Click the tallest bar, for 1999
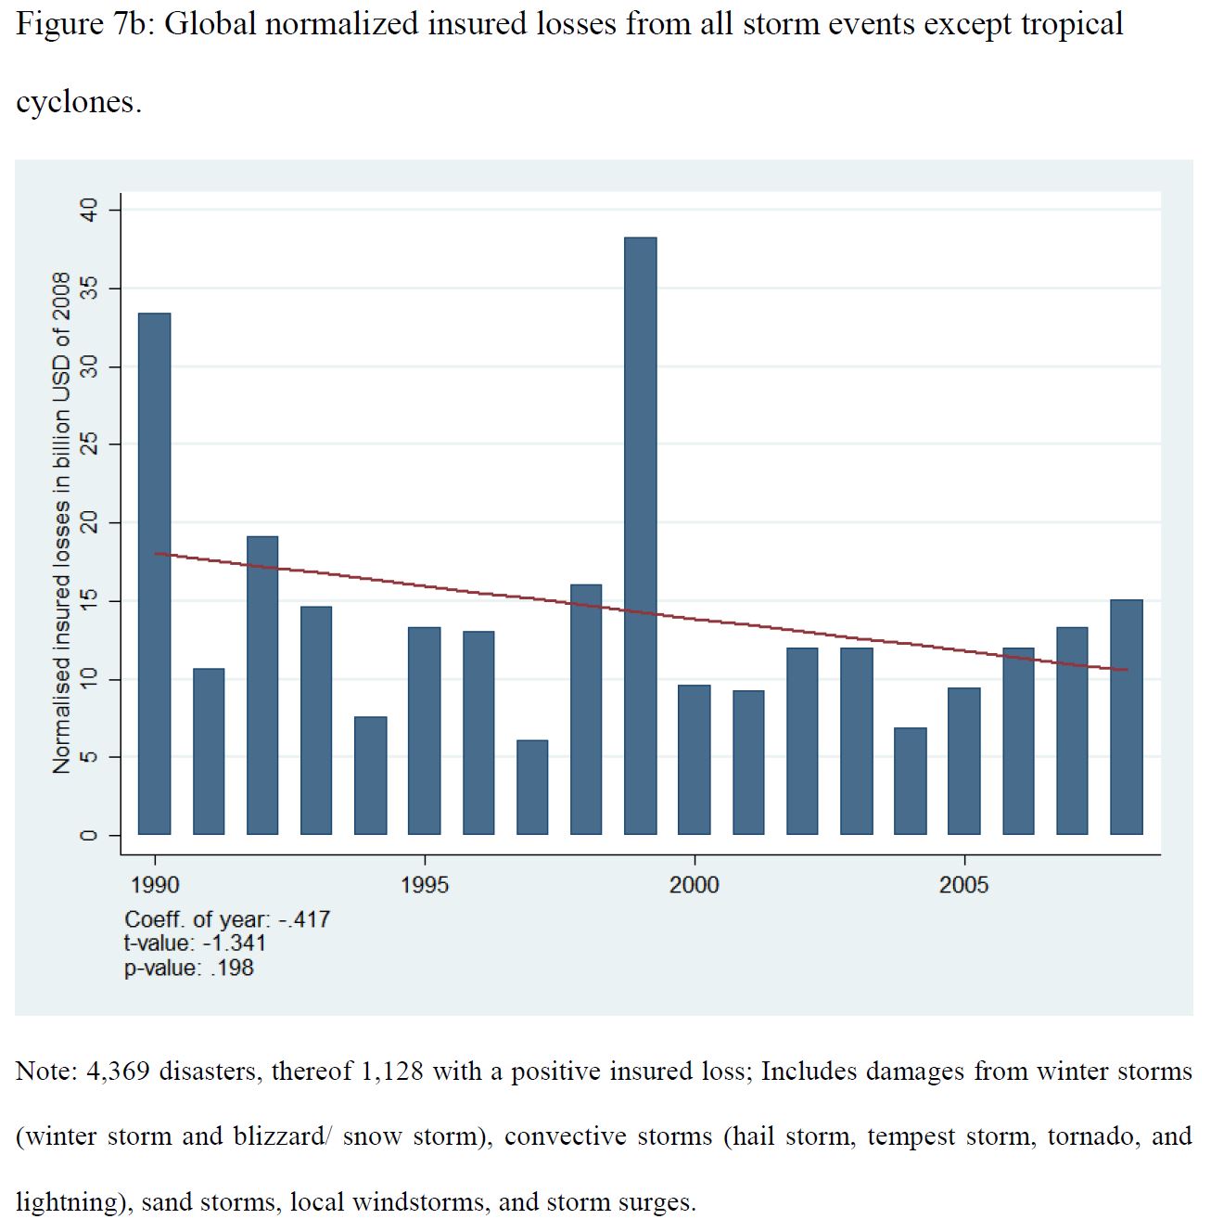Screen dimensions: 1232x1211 641,536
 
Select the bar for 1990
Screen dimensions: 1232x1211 155,573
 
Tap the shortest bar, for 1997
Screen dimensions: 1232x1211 532,787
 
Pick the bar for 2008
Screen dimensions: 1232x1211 1127,717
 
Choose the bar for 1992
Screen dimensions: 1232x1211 262,685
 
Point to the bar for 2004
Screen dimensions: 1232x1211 911,781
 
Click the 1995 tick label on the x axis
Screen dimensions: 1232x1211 425,885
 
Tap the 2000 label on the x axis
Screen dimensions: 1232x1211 695,885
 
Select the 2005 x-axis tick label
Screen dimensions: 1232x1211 964,885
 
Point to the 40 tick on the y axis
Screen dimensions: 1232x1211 89,211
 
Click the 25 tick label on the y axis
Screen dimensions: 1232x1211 89,445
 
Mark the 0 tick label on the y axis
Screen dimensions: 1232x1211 89,835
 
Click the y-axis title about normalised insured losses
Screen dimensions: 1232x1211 61,523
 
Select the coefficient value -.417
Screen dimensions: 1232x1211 305,919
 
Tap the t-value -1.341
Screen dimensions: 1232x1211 234,943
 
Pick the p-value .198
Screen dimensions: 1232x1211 232,968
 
